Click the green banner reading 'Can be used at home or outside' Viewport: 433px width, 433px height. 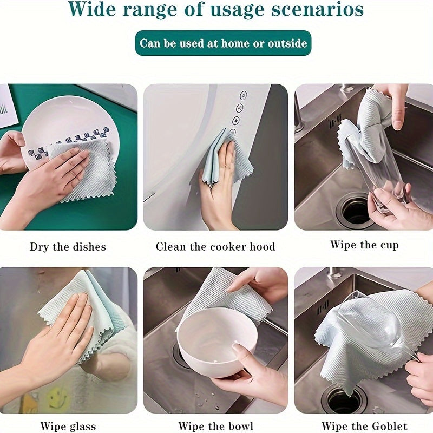point(224,43)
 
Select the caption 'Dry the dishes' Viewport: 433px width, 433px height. point(68,247)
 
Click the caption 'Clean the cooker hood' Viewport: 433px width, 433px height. point(215,247)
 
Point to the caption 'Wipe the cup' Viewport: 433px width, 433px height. point(364,245)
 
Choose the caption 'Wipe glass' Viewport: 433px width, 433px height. point(68,427)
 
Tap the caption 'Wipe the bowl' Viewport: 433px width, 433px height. point(215,427)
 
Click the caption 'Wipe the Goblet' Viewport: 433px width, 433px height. point(364,427)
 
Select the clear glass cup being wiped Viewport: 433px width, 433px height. point(379,168)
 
